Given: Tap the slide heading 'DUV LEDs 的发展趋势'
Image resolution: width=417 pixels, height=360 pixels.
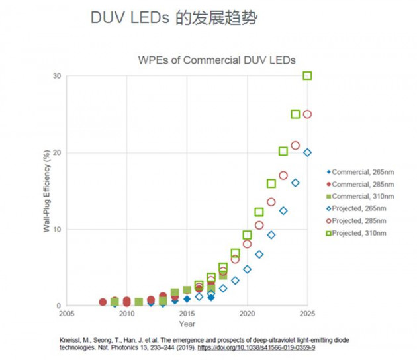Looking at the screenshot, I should pos(173,18).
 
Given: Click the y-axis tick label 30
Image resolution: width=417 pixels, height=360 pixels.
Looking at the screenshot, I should pos(58,76).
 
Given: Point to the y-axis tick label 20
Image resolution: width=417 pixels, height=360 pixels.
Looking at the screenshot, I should pos(58,153).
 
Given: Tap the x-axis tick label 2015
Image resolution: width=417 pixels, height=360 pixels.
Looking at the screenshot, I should pos(187,313).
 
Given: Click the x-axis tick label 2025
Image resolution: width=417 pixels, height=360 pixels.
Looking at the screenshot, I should pos(307,313).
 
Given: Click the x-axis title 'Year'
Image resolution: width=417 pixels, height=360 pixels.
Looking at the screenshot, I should pos(187,324).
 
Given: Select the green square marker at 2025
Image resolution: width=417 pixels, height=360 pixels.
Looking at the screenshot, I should pos(307,76).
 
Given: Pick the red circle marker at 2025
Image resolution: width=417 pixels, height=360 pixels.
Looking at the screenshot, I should pos(307,114).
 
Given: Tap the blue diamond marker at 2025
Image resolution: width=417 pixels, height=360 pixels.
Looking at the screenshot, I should pos(307,152).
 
